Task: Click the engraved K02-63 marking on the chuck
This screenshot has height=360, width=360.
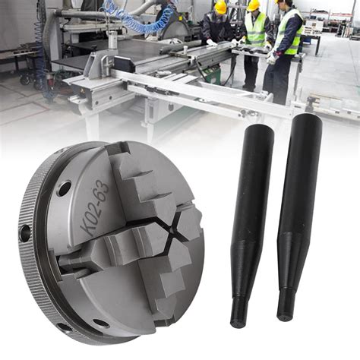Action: [94, 208]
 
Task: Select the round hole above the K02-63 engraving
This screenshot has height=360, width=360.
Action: [65, 188]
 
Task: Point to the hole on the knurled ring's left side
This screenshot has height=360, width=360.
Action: [24, 232]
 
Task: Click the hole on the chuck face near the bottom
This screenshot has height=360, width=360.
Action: [101, 324]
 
